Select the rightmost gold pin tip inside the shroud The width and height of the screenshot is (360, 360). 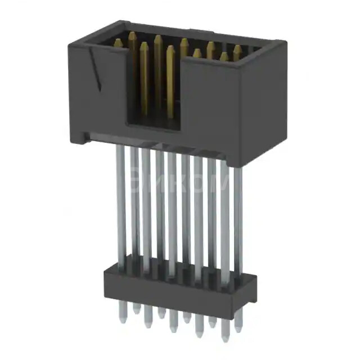pos(237,49)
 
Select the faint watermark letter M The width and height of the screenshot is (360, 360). pos(219,183)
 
